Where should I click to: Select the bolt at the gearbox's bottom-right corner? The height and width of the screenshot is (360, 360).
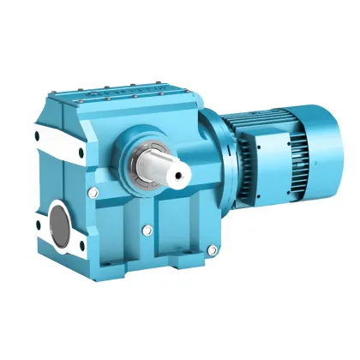[x=212, y=249]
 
